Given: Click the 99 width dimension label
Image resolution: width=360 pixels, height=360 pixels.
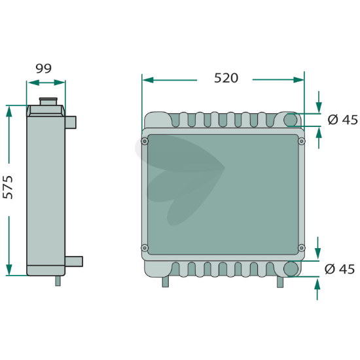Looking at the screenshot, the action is (44, 69).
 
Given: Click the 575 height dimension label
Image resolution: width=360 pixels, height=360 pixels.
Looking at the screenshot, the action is (8, 187).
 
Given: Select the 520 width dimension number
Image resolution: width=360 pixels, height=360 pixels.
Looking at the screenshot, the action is (226, 78).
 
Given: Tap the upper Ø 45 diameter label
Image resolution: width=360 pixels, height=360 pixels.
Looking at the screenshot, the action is (343, 120).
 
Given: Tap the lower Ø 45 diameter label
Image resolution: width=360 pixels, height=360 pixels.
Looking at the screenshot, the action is (340, 269).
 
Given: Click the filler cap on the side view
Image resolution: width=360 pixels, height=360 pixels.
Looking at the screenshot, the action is (48, 101).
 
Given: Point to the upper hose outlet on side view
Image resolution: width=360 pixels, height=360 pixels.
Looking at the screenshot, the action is (71, 122).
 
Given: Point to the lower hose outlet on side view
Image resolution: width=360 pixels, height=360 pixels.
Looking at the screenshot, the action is (74, 262).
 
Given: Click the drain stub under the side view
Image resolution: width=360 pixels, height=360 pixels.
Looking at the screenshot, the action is (58, 281).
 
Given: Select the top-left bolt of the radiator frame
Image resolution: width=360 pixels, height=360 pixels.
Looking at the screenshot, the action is (145, 141).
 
